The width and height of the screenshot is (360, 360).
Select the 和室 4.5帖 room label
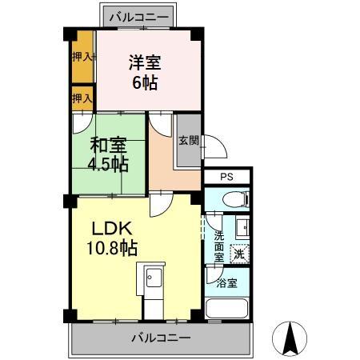click(108, 155)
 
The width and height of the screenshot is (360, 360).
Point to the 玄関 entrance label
click(188, 141)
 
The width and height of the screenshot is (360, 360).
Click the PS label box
click(227, 176)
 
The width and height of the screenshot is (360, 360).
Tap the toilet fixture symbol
click(237, 200)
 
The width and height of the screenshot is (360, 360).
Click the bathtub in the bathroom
click(228, 309)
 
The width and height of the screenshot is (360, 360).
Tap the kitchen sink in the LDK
click(152, 278)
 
